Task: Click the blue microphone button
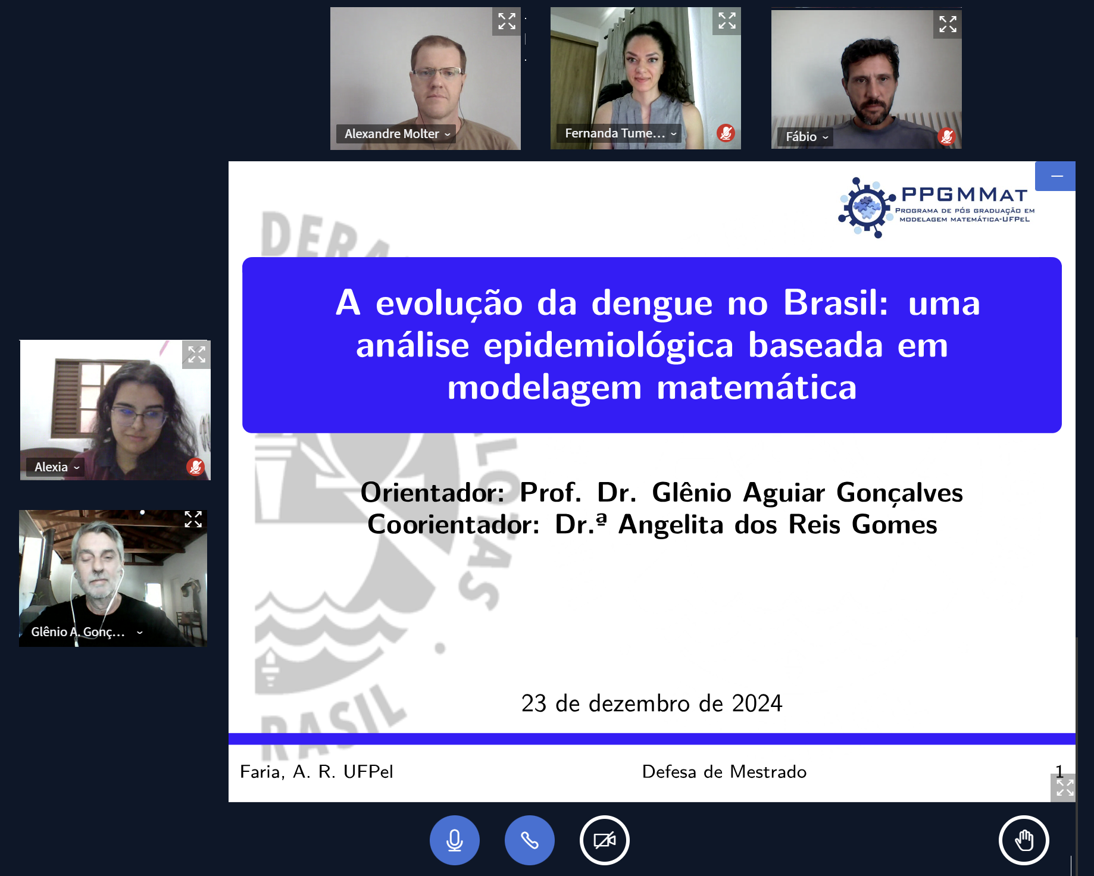455,840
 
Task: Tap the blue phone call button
530,840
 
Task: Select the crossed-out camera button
605,840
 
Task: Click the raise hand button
1024,840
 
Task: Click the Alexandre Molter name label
396,134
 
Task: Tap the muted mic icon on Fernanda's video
726,133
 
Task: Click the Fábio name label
805,137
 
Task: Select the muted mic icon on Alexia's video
195,467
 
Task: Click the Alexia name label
55,467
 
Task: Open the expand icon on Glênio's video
193,520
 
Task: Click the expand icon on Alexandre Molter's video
507,21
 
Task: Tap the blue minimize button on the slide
1055,176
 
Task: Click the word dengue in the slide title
652,304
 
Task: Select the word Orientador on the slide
432,493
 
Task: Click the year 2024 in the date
757,703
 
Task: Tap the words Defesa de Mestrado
724,772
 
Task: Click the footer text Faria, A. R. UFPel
317,772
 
